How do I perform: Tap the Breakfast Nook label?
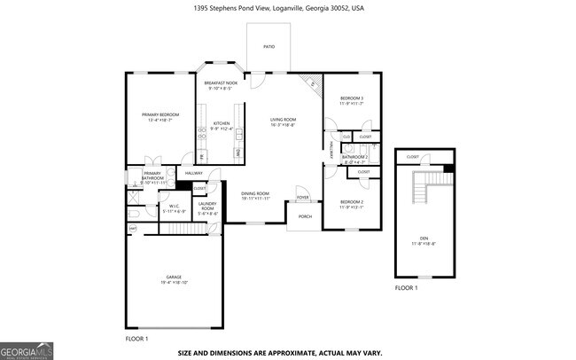tap(221, 82)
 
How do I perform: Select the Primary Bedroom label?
tap(160, 115)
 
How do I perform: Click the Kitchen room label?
tap(221, 123)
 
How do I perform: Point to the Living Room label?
tap(283, 120)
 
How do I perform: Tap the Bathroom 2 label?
tap(354, 157)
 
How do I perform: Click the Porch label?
tap(304, 215)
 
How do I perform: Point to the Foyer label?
tap(302, 198)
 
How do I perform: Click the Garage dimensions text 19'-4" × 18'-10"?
tap(173, 282)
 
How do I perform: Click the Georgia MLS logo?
tap(27, 349)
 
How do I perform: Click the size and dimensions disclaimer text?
tap(281, 352)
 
